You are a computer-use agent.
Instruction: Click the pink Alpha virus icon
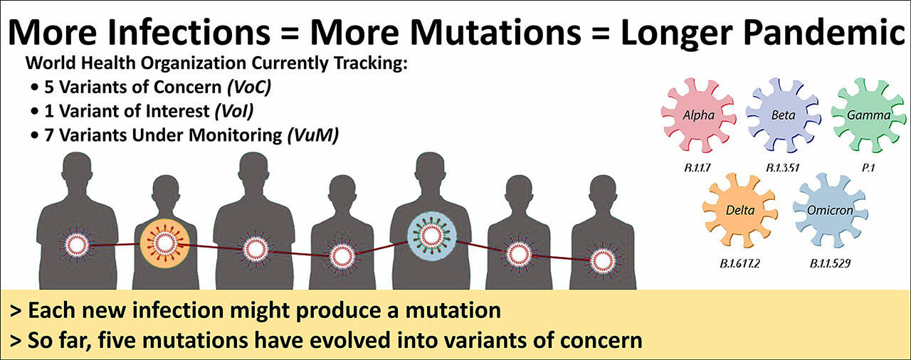(698, 115)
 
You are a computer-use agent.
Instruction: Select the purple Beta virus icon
(784, 115)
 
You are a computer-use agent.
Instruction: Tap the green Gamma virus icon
(868, 115)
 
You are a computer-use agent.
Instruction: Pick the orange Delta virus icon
(740, 211)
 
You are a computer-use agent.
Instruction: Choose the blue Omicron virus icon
(830, 211)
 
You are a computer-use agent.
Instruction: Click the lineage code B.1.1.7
(697, 168)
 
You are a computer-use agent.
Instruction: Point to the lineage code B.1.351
(782, 168)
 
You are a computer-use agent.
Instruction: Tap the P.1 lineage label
(868, 168)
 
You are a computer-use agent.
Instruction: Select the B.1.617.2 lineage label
(739, 264)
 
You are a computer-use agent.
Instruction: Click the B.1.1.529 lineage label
(830, 264)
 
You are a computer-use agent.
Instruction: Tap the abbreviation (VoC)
(249, 88)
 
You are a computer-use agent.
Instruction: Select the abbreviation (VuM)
(312, 135)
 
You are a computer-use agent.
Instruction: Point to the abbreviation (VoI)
(234, 111)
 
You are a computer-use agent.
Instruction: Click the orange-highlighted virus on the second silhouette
(164, 243)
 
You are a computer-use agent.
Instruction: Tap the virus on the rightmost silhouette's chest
(603, 261)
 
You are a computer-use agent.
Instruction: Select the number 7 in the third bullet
(49, 135)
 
